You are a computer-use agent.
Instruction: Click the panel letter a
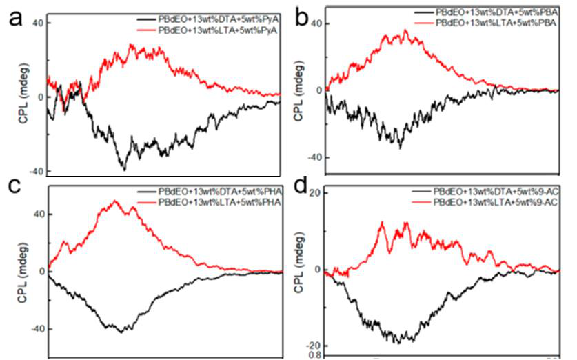(15, 19)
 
